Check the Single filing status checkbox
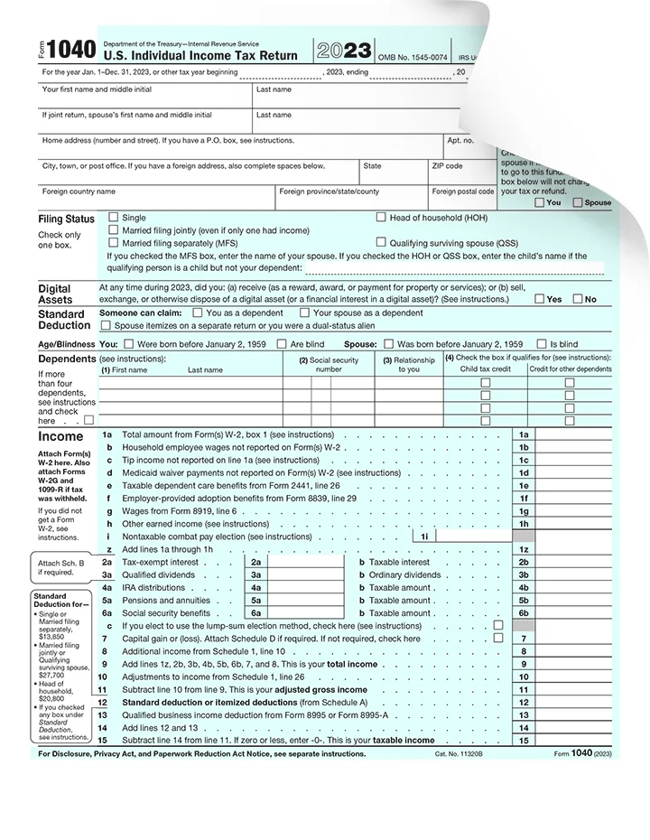pos(113,218)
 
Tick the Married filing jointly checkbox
pos(113,230)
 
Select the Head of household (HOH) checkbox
pos(381,218)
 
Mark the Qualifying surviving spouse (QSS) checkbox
pos(381,242)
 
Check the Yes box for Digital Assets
pos(539,299)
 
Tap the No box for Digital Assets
pos(578,299)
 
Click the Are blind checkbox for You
pos(283,344)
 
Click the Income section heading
pos(60,436)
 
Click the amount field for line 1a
pos(578,434)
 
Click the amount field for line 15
pos(578,740)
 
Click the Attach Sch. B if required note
pos(60,567)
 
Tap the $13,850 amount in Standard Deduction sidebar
pos(52,636)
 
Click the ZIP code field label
pos(447,166)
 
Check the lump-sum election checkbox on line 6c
pos(498,625)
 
